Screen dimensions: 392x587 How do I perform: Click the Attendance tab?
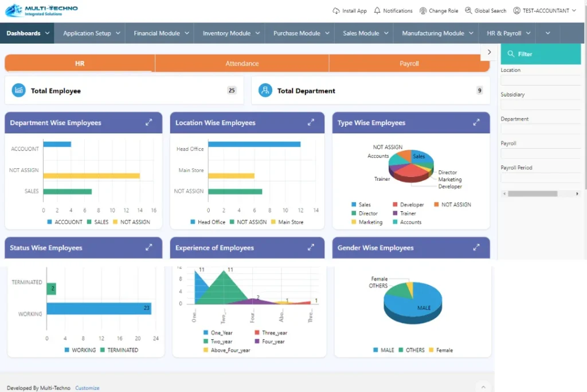pos(242,64)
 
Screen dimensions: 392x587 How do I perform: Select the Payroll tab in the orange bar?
pos(409,64)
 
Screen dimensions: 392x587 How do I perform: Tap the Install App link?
pos(350,11)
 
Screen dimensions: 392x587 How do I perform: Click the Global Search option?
pos(486,11)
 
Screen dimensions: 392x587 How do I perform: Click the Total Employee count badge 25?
pos(232,91)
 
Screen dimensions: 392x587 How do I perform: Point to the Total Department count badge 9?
pos(479,91)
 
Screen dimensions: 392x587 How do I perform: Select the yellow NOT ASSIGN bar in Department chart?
pos(91,176)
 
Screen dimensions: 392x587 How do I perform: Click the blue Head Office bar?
pos(254,144)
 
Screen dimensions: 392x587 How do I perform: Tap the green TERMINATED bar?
pos(51,289)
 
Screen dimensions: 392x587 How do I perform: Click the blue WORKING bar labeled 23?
pos(99,309)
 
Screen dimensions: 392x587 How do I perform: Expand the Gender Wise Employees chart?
pos(476,248)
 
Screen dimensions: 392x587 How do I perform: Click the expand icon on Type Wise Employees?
pos(476,123)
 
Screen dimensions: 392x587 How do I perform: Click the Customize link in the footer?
pos(87,388)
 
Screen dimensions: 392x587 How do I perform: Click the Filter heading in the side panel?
pos(525,54)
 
